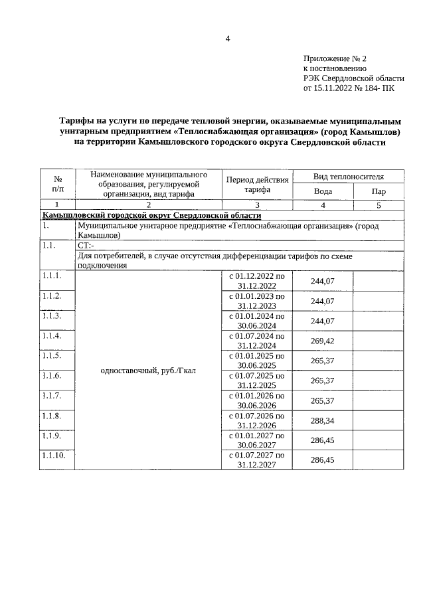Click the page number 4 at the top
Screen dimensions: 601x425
click(x=227, y=39)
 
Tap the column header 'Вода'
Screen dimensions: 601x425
click(x=323, y=191)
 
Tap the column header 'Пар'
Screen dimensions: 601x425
click(x=379, y=191)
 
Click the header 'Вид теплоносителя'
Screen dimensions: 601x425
click(x=349, y=176)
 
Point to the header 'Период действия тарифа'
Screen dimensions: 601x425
click(x=257, y=184)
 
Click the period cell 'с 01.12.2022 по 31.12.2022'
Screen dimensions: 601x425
click(x=257, y=281)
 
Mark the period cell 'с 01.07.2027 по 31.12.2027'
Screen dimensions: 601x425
click(x=257, y=460)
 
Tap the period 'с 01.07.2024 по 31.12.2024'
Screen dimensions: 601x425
click(x=257, y=341)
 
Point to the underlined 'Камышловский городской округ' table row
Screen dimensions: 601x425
click(x=152, y=215)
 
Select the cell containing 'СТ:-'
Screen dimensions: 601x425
click(x=86, y=245)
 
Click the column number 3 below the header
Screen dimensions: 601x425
click(x=257, y=205)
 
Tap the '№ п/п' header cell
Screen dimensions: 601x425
click(x=57, y=184)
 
